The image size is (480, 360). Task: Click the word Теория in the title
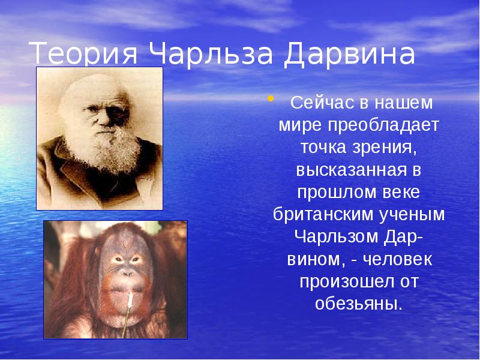pos(83,54)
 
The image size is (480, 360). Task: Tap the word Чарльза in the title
pos(211,54)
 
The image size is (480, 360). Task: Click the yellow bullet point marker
pos(271,98)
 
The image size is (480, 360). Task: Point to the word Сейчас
pos(323,103)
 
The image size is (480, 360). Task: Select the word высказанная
pos(349,170)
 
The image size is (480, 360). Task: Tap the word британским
pos(323,214)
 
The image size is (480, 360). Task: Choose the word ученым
pos(412,215)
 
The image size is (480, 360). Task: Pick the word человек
pos(397,260)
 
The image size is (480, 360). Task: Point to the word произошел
pos(346,281)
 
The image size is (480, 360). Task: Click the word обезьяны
pos(358,304)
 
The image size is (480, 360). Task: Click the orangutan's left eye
pos(136,259)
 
